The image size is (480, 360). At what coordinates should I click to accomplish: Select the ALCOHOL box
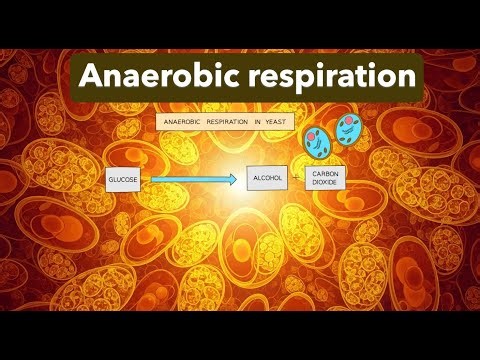pos(267,178)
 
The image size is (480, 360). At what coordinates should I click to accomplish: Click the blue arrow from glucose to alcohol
pos(190,179)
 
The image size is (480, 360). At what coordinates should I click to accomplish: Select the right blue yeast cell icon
pos(349,130)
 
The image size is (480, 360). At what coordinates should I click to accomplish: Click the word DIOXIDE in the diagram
pos(326,184)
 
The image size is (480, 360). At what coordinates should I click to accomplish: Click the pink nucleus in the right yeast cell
pos(352,124)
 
